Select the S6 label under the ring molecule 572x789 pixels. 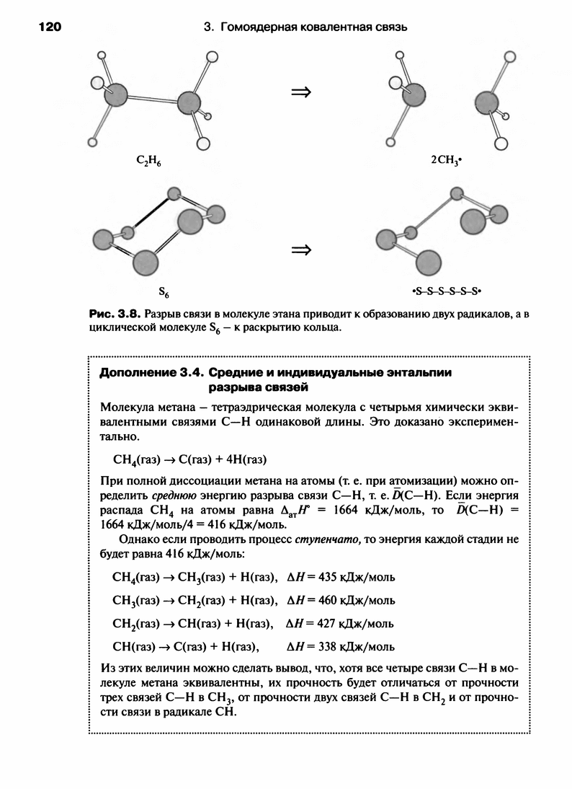(x=164, y=293)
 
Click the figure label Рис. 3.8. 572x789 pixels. (x=113, y=315)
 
